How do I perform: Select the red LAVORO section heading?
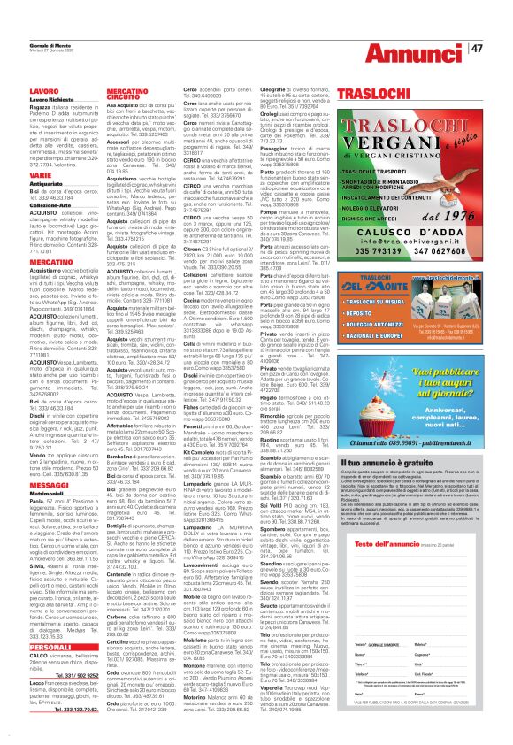[x=19, y=90]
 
